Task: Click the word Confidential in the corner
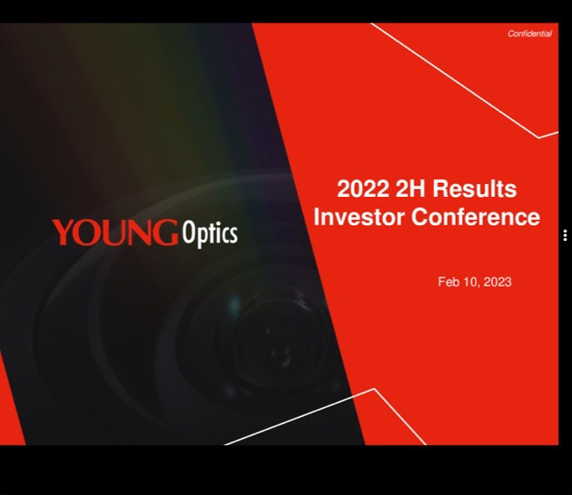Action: pos(530,33)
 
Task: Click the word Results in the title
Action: pos(474,189)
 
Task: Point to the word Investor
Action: pos(358,217)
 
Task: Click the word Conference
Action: pos(475,217)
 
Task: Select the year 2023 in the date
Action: pos(497,282)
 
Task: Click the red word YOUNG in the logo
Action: pos(115,232)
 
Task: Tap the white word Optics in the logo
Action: pos(210,234)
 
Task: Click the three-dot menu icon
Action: pos(565,236)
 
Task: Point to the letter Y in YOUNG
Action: pos(65,232)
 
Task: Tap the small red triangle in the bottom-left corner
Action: pos(9,413)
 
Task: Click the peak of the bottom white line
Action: pos(374,389)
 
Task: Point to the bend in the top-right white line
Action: pos(539,138)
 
